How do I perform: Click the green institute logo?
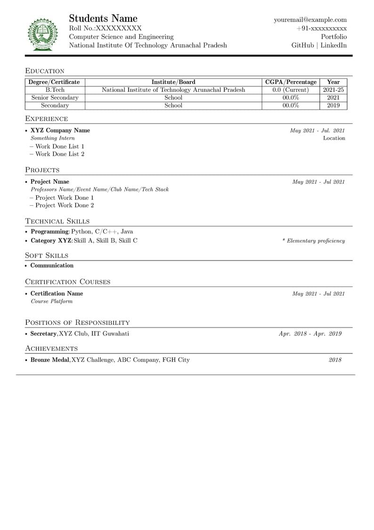42,34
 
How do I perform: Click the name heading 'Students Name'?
103,18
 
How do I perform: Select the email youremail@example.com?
310,20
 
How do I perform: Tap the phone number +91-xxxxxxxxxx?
321,28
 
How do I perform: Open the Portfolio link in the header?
333,37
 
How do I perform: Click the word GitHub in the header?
302,45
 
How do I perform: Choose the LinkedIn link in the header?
333,45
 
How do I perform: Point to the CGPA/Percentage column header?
291,82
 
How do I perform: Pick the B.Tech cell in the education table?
55,90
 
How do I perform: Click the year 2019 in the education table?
333,105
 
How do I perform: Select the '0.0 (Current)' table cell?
291,90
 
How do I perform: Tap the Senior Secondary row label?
55,98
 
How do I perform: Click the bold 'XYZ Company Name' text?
60,130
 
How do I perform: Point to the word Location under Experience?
334,138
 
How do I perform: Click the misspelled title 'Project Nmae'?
50,182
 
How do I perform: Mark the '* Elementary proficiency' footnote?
314,241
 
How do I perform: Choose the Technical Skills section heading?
57,221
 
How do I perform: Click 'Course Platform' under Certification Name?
52,301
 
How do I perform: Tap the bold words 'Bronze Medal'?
50,360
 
